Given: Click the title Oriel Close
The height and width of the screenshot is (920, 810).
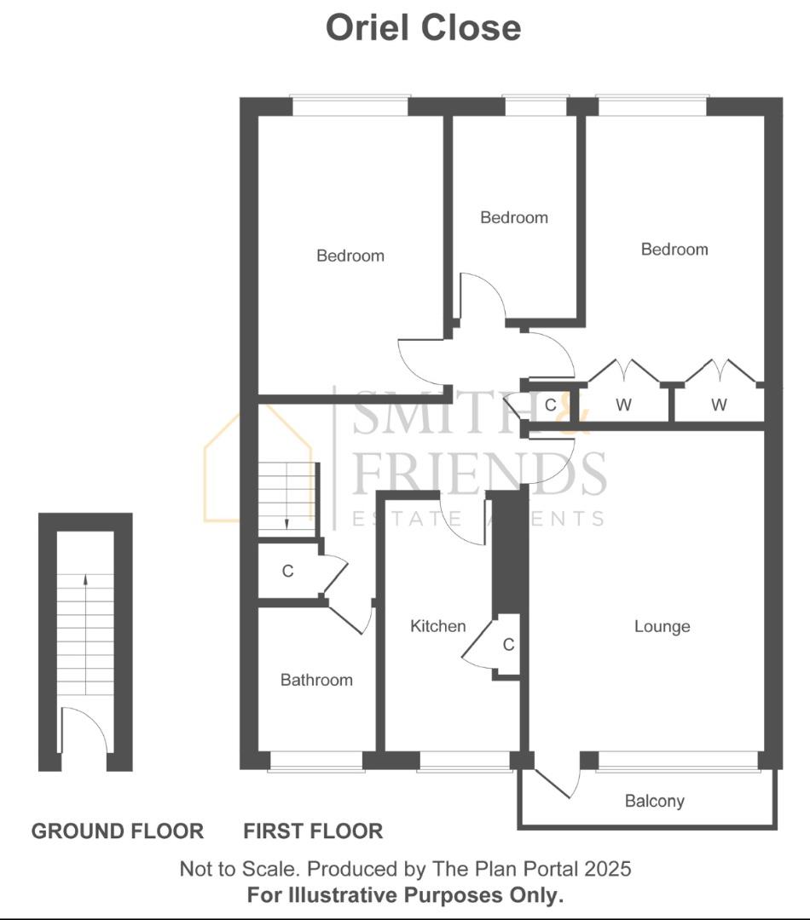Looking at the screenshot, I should click(x=423, y=27).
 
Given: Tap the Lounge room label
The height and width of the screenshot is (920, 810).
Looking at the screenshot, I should click(x=662, y=627).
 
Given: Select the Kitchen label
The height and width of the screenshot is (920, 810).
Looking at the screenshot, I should click(x=438, y=626).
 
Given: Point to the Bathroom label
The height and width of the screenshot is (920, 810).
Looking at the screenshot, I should click(x=316, y=680).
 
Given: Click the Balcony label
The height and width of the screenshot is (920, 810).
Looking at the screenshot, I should click(x=654, y=801).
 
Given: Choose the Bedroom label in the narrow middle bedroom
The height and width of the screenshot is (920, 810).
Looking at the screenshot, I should click(x=514, y=217).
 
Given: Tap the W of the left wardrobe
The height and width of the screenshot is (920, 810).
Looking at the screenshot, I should click(x=623, y=405).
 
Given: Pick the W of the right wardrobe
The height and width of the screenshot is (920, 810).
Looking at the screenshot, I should click(x=719, y=405).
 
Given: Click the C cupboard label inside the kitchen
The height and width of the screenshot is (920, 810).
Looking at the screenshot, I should click(x=508, y=645).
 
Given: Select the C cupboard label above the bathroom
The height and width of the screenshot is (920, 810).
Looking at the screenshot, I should click(x=287, y=571).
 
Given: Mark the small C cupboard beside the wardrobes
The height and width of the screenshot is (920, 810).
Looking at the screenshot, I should click(x=550, y=405).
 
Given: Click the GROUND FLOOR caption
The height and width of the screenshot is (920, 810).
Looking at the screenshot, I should click(x=118, y=831).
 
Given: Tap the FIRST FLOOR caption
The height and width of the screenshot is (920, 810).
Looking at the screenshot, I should click(x=313, y=831).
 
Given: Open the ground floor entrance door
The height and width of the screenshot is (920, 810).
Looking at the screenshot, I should click(x=84, y=731).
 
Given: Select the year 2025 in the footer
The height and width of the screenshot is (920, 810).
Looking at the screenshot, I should click(x=607, y=869).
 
